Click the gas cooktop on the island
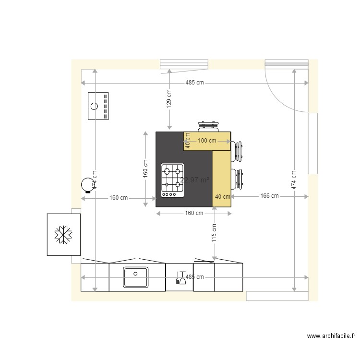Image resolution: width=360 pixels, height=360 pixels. pyautogui.click(x=172, y=180)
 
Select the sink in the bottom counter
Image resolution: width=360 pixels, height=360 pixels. pyautogui.click(x=136, y=277)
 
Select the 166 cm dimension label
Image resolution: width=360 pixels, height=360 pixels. pyautogui.click(x=269, y=196)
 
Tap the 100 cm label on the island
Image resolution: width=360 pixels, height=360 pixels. pyautogui.click(x=206, y=141)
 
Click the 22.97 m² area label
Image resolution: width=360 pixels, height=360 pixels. pyautogui.click(x=194, y=180)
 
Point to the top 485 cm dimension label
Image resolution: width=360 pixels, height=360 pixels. pyautogui.click(x=194, y=83)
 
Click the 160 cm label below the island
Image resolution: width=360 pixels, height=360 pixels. pyautogui.click(x=193, y=213)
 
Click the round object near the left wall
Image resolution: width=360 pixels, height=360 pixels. pyautogui.click(x=87, y=184)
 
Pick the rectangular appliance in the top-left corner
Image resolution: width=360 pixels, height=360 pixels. pyautogui.click(x=98, y=106)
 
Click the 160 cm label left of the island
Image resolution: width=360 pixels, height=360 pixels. pyautogui.click(x=119, y=197)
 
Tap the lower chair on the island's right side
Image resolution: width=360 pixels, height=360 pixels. pyautogui.click(x=237, y=179)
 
